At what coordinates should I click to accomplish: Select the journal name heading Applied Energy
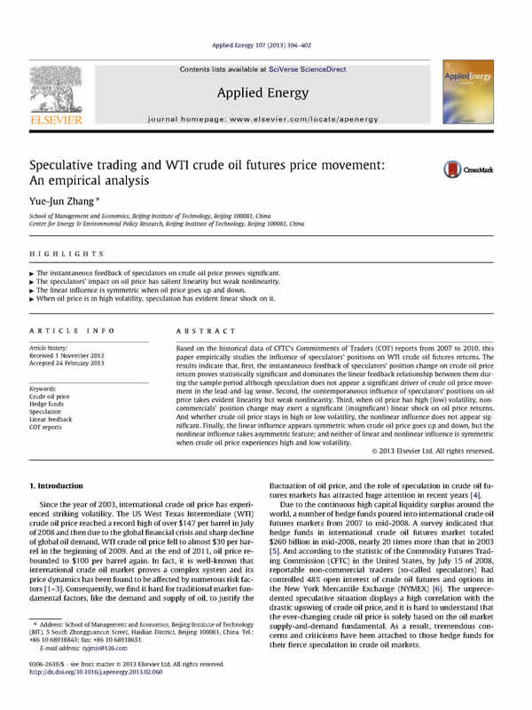coord(266,92)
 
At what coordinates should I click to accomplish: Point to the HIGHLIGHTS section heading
coord(55,254)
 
